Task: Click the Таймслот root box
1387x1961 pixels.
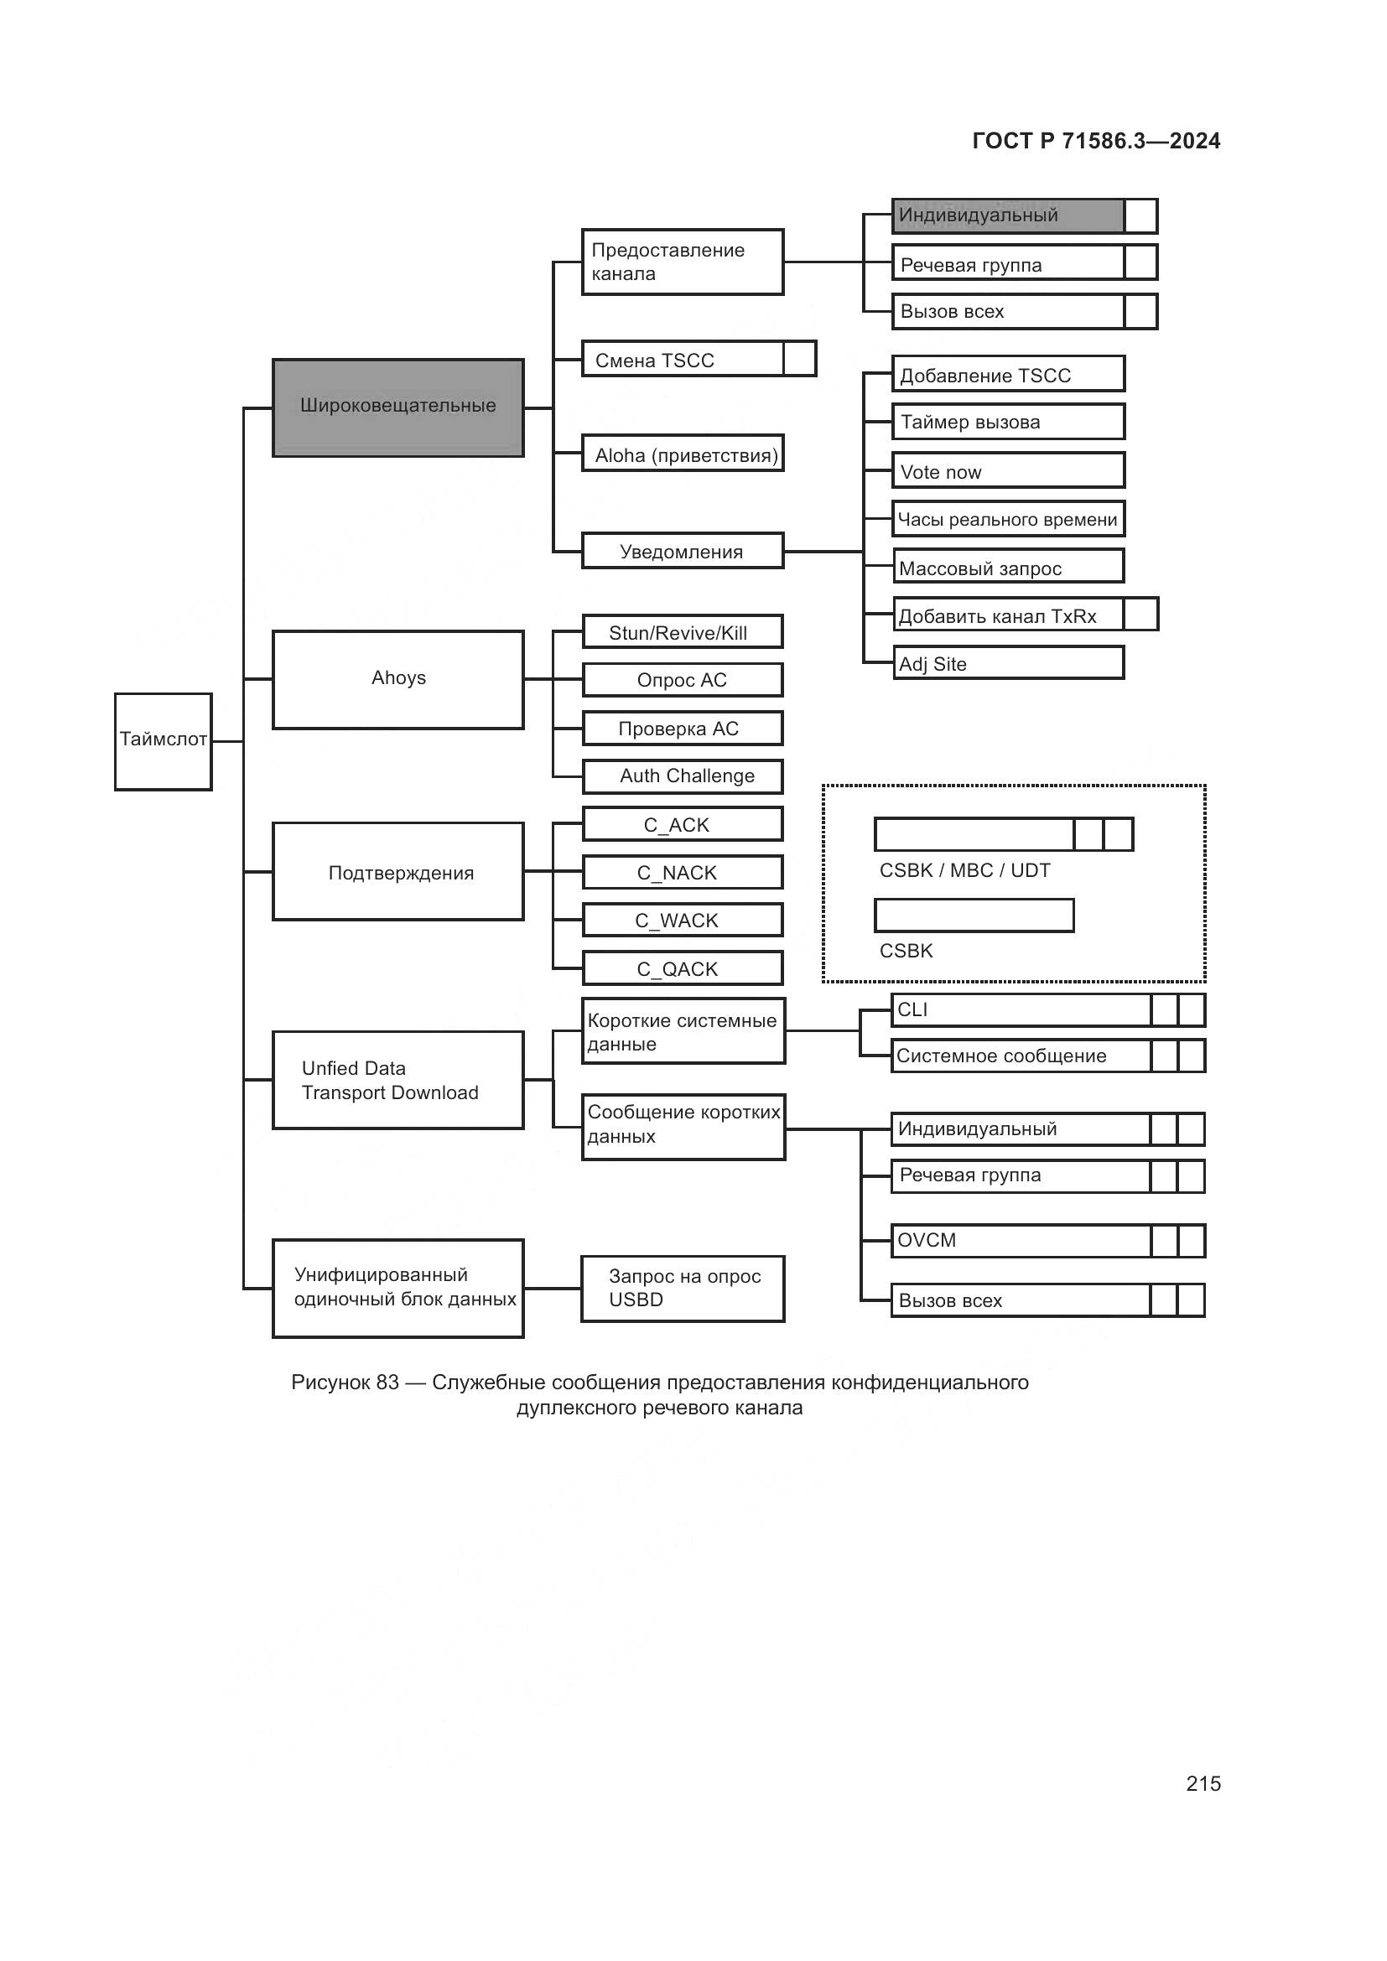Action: point(164,740)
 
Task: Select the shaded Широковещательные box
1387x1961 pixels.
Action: point(398,407)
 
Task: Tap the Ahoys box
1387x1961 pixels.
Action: point(398,679)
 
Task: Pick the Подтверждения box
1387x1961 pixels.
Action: point(398,871)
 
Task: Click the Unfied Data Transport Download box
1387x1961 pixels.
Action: point(398,1080)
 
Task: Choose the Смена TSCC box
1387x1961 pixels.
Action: point(683,359)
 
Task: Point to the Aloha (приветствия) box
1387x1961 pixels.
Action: point(683,454)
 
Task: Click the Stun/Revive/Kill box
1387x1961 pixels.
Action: point(683,632)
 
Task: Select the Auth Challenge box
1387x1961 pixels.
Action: point(683,776)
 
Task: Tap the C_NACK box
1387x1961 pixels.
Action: point(683,872)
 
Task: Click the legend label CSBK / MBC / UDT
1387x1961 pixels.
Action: point(964,870)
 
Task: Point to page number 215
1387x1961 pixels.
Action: point(1203,1783)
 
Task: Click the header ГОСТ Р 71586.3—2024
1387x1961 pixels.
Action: point(1096,141)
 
